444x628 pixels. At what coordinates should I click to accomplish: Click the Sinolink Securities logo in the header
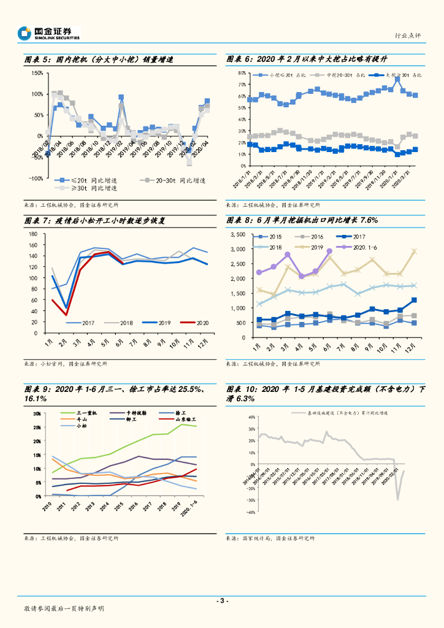click(49, 33)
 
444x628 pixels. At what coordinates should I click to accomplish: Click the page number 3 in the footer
click(222, 600)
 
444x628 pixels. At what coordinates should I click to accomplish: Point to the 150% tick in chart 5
click(36, 73)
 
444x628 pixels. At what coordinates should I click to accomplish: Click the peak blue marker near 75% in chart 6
click(397, 79)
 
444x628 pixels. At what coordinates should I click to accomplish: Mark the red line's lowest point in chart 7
click(66, 315)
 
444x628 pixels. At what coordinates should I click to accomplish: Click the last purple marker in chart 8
click(329, 251)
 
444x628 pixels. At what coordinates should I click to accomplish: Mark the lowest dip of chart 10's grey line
click(397, 499)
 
